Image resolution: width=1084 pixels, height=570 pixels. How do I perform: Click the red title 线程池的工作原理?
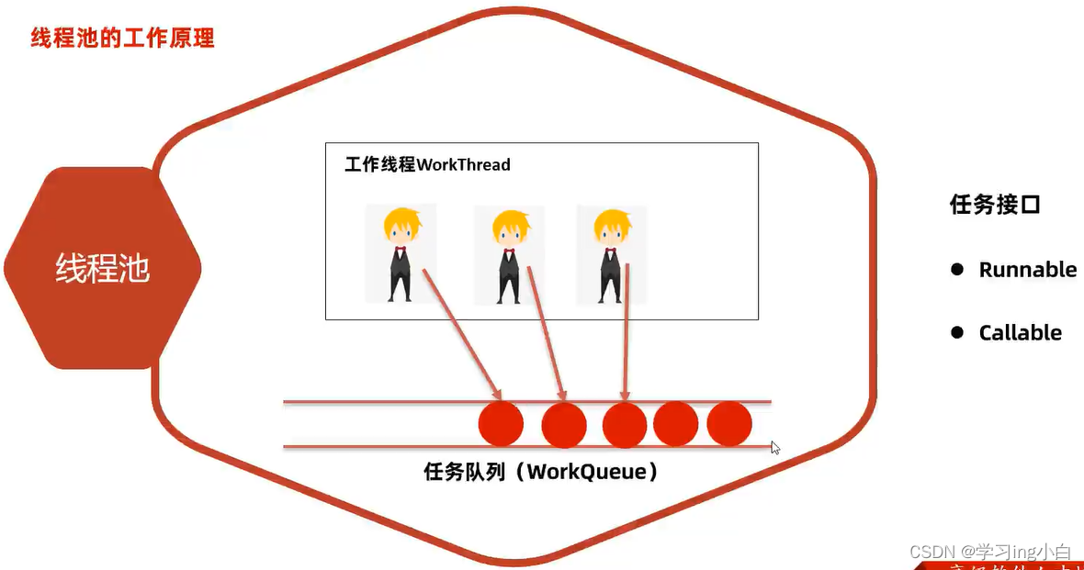(x=122, y=39)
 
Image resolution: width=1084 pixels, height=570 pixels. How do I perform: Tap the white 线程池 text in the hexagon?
(x=102, y=269)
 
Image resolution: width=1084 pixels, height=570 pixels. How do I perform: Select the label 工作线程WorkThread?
(x=427, y=165)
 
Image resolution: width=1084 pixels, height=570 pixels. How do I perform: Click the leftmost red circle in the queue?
(x=501, y=424)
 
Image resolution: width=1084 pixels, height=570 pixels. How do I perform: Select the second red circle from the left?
(x=564, y=425)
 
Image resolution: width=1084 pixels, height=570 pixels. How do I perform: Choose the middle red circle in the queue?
(x=625, y=425)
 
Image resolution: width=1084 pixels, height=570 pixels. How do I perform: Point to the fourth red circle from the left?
(x=676, y=424)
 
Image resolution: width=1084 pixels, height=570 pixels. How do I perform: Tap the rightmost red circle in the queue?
(x=729, y=424)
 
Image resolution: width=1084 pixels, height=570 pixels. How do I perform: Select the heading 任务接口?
(x=995, y=205)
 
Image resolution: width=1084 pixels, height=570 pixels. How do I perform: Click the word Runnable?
(x=1027, y=270)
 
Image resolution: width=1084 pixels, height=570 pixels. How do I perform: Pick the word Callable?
(x=1020, y=333)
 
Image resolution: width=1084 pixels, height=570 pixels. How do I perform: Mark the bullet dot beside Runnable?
(x=957, y=270)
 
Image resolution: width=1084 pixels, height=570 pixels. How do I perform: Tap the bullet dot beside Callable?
(x=957, y=332)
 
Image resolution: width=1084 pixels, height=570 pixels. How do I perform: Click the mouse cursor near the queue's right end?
(x=774, y=448)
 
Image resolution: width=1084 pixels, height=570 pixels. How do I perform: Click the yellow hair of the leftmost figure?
(x=401, y=223)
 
